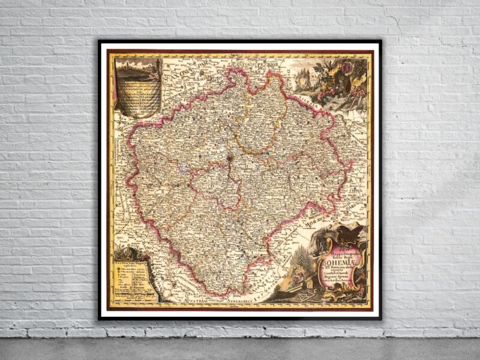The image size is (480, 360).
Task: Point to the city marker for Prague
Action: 230,159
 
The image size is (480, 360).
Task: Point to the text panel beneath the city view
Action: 137,96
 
